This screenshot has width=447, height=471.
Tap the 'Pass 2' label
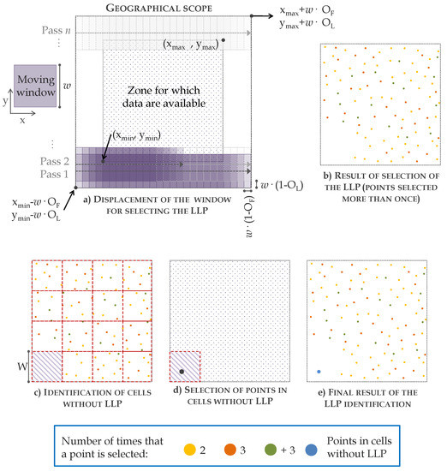56,160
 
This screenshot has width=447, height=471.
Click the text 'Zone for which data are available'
163,92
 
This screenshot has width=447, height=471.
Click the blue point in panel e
319,372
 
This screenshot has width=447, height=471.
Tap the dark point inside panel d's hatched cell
182,371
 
